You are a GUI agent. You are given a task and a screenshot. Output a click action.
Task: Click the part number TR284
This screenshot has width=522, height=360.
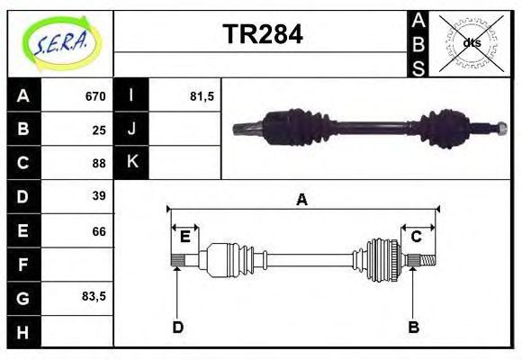point(262,35)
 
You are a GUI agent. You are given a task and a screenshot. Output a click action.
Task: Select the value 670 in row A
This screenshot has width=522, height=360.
point(95,96)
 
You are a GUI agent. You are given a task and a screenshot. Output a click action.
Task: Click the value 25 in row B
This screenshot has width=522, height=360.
point(99,130)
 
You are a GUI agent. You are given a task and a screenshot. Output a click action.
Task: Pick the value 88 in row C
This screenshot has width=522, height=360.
point(99,163)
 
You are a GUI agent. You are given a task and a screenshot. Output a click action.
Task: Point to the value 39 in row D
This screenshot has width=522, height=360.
point(99,196)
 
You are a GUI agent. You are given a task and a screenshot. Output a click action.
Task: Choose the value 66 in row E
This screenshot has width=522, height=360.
point(99,231)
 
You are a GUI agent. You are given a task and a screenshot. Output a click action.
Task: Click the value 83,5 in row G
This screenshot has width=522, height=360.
point(94,296)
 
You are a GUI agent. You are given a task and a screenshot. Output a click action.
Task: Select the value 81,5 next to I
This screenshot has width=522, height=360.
point(202,96)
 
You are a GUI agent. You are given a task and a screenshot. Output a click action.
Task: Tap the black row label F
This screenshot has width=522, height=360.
point(23,265)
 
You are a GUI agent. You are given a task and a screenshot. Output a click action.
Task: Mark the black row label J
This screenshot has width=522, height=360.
point(131,130)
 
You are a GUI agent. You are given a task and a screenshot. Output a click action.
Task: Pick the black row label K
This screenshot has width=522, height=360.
point(131,163)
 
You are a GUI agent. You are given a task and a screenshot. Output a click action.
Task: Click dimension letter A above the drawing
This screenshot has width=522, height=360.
point(302,200)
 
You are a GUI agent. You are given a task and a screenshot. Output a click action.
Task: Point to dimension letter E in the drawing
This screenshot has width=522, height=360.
point(184,237)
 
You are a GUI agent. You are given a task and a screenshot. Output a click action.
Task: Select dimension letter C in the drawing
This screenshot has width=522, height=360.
point(417,237)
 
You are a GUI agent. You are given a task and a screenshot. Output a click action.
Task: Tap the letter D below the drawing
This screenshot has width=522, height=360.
point(177,327)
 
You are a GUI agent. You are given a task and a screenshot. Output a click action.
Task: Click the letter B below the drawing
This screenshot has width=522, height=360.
point(413,327)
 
